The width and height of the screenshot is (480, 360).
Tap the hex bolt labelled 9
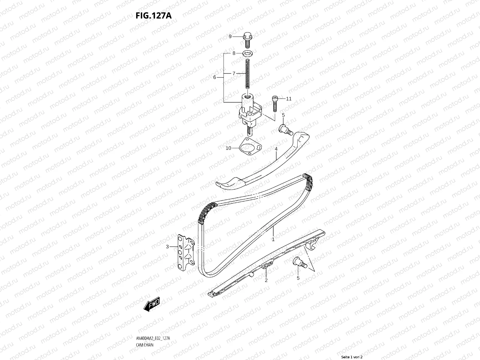pyautogui.click(x=247, y=39)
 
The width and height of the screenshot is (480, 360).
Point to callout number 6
pyautogui.click(x=214, y=77)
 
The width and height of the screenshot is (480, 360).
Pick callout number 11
pyautogui.click(x=289, y=99)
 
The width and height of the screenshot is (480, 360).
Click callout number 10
pyautogui.click(x=229, y=148)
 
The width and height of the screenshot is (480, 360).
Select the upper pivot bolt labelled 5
pyautogui.click(x=286, y=130)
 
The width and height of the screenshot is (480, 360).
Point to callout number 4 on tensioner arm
pyautogui.click(x=276, y=149)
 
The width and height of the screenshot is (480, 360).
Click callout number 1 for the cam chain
pyautogui.click(x=273, y=239)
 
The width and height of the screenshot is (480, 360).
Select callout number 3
pyautogui.click(x=167, y=247)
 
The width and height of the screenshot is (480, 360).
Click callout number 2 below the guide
pyautogui.click(x=266, y=280)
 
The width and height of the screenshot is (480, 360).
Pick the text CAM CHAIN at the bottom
pyautogui.click(x=145, y=328)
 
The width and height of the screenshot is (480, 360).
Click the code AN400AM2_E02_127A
pyautogui.click(x=153, y=322)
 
